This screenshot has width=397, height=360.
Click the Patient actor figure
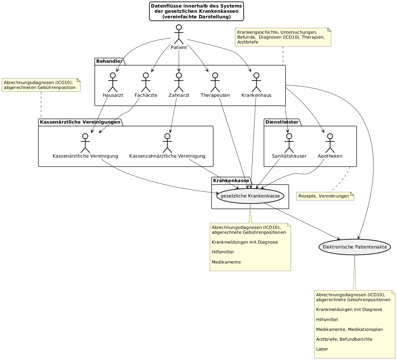[x=179, y=34]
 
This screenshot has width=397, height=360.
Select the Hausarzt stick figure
[x=113, y=82]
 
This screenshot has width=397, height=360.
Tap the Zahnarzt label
[x=179, y=95]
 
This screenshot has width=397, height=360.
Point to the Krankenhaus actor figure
[x=256, y=82]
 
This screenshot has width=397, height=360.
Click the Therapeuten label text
[x=215, y=95]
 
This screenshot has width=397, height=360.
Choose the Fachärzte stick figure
[x=146, y=82]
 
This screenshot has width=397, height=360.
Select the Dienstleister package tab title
[x=281, y=122]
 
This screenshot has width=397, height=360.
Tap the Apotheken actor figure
[x=330, y=143]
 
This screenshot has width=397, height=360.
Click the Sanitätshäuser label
[x=289, y=156]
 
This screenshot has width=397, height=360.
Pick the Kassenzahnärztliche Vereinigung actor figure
[x=167, y=143]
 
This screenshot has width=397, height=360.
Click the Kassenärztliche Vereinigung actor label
[x=85, y=156]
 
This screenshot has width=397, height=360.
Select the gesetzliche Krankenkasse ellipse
[x=250, y=196]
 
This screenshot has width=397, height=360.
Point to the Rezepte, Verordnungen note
[x=326, y=196]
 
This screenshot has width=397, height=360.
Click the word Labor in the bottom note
[x=322, y=349]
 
